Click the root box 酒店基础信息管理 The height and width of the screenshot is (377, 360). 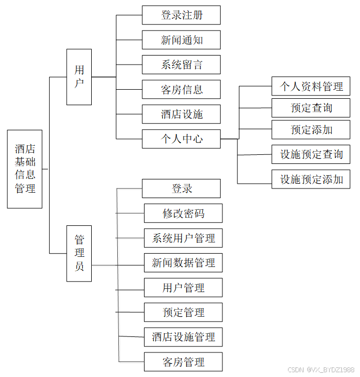click(25, 169)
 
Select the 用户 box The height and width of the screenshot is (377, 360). click(79, 77)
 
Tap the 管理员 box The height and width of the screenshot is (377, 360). click(79, 253)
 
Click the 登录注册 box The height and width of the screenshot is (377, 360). click(181, 15)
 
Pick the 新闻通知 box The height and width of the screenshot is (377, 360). click(181, 40)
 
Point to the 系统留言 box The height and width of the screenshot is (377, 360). click(181, 65)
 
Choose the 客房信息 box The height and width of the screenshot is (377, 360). click(181, 89)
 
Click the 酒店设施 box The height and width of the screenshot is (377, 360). click(181, 114)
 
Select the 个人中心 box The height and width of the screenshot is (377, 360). click(181, 139)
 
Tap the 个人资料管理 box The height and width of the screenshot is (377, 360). click(311, 86)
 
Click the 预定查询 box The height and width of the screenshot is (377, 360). click(311, 108)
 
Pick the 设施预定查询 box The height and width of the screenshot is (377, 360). click(311, 155)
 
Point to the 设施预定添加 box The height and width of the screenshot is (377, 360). click(311, 179)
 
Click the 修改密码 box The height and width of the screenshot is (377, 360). click(183, 214)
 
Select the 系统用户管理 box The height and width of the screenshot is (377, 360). click(183, 238)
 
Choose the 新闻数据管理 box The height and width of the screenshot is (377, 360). click(183, 263)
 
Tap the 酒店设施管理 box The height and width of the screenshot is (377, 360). click(183, 337)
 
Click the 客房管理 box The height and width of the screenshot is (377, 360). click(183, 362)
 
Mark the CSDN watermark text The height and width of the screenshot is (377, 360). click(321, 370)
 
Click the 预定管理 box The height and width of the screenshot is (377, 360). click(183, 312)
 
